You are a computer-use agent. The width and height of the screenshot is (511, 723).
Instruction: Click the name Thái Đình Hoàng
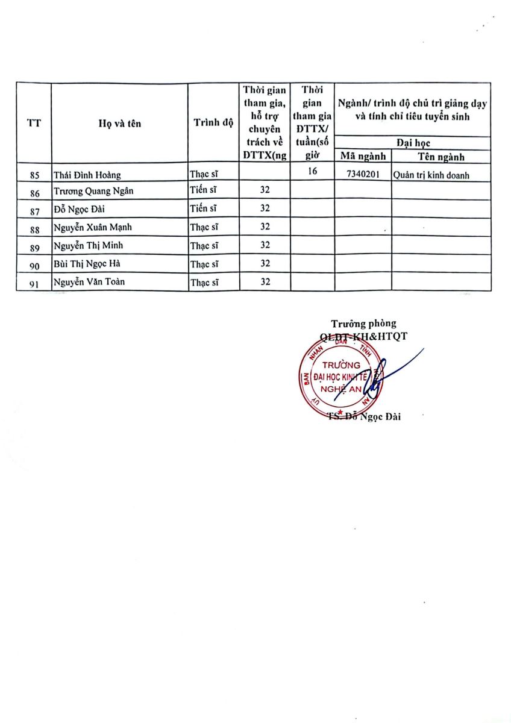(87, 175)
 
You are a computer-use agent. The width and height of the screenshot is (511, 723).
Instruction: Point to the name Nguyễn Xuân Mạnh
(92, 227)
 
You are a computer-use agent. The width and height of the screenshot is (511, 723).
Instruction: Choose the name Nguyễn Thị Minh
(88, 245)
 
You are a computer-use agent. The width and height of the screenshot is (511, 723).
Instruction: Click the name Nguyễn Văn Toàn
(89, 281)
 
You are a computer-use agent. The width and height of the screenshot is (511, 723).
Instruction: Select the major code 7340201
(363, 175)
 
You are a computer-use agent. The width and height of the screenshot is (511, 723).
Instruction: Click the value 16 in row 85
(312, 173)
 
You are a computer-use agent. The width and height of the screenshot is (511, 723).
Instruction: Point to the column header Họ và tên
(120, 124)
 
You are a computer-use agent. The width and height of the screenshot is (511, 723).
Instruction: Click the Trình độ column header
(213, 123)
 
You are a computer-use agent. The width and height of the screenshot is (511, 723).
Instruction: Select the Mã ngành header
(363, 157)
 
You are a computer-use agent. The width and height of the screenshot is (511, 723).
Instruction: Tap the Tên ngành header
(440, 157)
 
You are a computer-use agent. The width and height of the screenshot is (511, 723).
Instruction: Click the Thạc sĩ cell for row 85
(204, 175)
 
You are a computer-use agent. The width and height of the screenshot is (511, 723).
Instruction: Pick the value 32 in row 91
(265, 281)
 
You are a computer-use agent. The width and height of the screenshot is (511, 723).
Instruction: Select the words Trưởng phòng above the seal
(363, 324)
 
